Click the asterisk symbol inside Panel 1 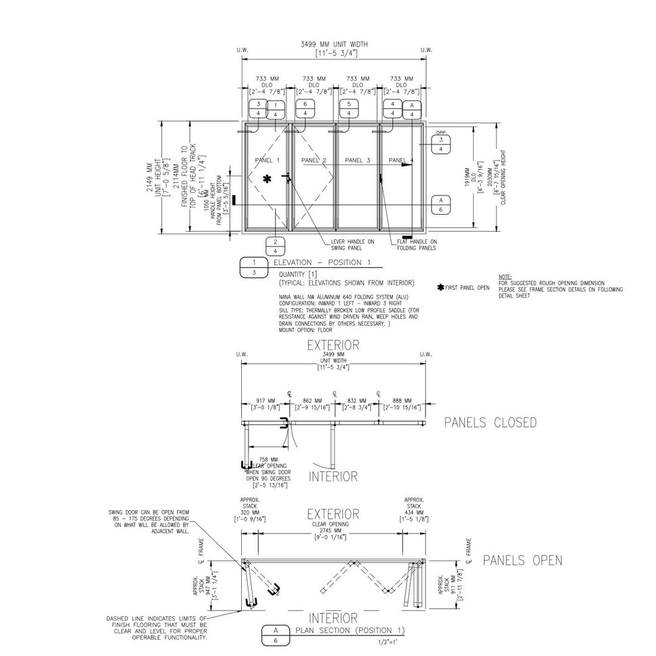(x=267, y=178)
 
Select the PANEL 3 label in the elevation (x=358, y=160)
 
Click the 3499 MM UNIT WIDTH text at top (x=333, y=44)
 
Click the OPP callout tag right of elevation (x=441, y=144)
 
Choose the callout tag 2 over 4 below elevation (x=275, y=246)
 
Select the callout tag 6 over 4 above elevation (x=304, y=109)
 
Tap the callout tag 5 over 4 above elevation (x=349, y=109)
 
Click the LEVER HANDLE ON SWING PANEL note (x=353, y=245)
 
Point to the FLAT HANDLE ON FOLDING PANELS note (x=417, y=245)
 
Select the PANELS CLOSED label (x=490, y=423)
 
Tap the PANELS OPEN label (x=522, y=561)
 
